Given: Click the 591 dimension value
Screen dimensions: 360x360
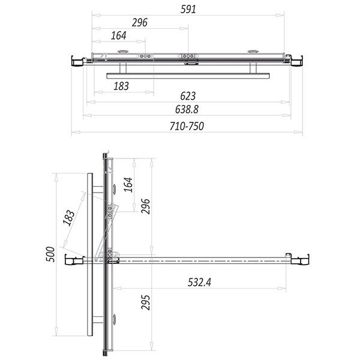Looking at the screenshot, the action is (x=188, y=10).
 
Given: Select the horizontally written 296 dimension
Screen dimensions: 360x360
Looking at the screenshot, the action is (x=140, y=23).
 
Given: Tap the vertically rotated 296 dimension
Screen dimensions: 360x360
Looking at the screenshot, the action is (x=145, y=206).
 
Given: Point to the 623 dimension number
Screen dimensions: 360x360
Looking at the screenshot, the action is (x=188, y=96).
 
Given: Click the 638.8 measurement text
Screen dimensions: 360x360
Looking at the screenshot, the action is (x=187, y=109).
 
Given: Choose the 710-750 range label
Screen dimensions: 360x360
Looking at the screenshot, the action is (x=187, y=126).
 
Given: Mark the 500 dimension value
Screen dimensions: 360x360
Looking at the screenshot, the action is (x=50, y=254).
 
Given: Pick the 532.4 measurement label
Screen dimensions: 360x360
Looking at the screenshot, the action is (x=199, y=282).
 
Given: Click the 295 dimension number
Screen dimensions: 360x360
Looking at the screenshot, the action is (x=145, y=302).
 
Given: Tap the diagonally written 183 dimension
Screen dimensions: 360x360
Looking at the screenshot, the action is (x=68, y=218).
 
